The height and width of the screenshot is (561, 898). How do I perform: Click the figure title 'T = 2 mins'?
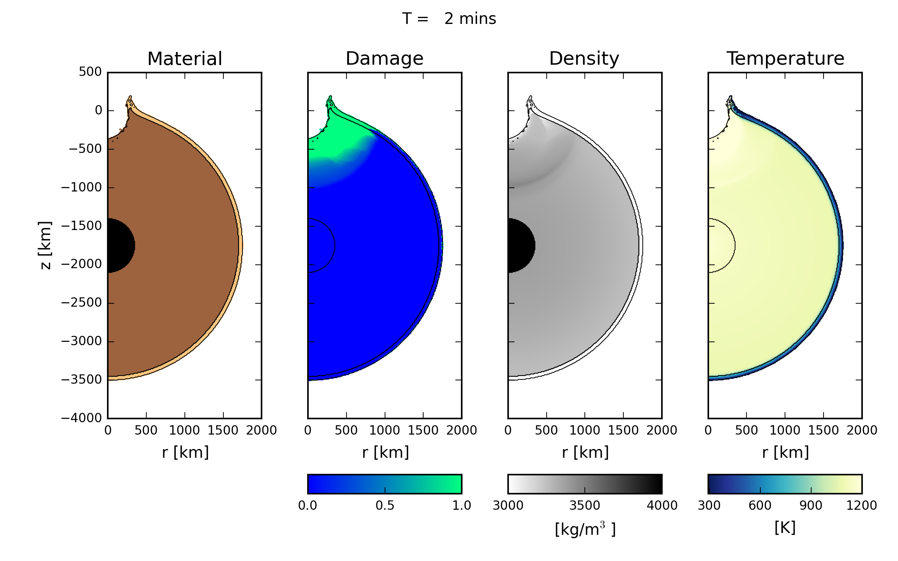tap(449, 19)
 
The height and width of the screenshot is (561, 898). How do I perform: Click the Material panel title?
tap(185, 59)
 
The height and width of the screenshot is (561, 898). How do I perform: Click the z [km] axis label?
tap(45, 245)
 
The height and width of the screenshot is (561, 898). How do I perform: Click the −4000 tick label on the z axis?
tap(82, 418)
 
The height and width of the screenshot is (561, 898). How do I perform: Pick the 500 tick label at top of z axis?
tap(90, 72)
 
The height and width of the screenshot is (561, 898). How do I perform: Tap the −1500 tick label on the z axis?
tap(82, 226)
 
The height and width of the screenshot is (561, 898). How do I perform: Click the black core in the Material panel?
tap(120, 245)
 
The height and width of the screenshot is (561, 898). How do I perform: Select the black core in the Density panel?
tap(520, 245)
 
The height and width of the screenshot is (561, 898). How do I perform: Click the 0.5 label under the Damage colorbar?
tap(385, 506)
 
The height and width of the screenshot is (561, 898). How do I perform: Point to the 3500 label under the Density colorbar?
tap(584, 506)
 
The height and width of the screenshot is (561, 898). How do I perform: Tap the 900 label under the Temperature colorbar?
tap(811, 506)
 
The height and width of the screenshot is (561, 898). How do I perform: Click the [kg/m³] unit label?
tap(585, 529)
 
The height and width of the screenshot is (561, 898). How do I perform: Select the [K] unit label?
tap(785, 528)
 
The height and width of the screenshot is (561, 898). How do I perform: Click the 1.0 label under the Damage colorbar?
tap(461, 506)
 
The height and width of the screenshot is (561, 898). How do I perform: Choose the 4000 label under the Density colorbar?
tap(662, 506)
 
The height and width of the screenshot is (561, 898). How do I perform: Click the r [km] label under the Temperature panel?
tap(785, 453)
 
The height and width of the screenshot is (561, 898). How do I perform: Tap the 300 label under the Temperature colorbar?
tap(709, 506)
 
